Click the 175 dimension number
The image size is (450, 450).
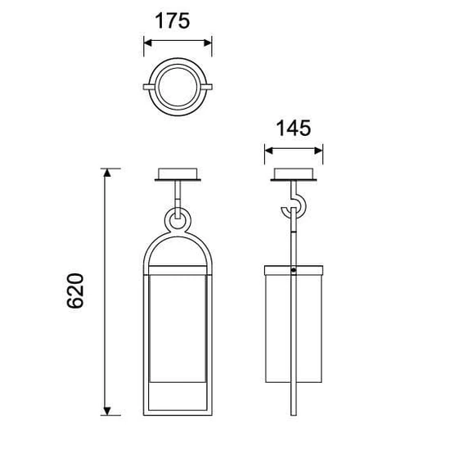[x=172, y=20]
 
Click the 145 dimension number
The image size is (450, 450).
[x=293, y=128]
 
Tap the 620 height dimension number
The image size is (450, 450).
[x=75, y=290]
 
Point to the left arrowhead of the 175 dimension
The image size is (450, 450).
[x=147, y=43]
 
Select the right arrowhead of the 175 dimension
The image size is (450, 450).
[x=208, y=43]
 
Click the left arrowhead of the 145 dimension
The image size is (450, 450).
[x=268, y=151]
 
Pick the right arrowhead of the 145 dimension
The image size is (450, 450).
[x=319, y=151]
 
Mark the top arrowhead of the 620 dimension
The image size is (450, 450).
[x=107, y=173]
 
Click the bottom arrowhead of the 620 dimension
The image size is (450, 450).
[x=107, y=411]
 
